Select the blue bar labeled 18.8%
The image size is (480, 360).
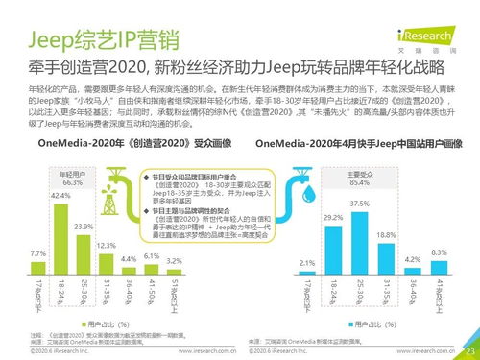386,255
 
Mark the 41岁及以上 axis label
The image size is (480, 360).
440,294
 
